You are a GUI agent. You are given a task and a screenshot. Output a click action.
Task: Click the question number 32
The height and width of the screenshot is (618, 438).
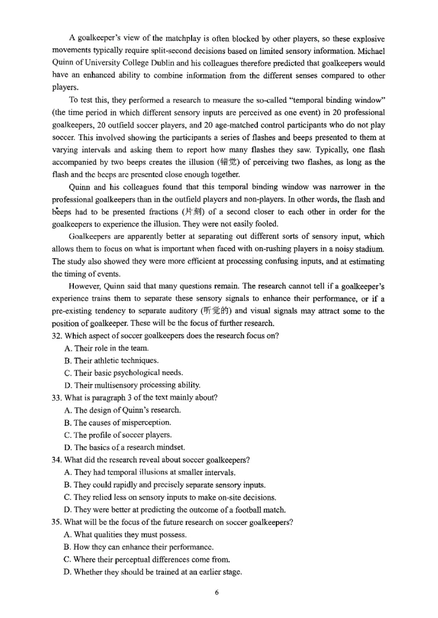coord(59,335)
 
